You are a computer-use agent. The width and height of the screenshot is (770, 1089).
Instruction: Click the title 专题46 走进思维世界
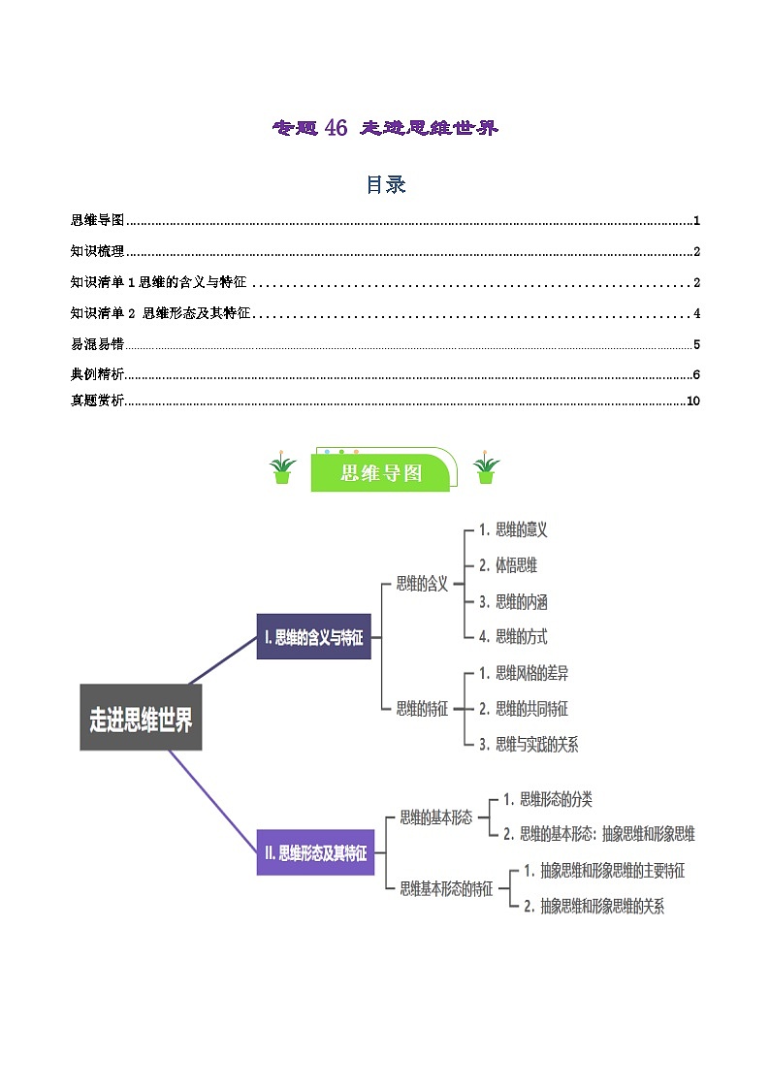[x=385, y=128]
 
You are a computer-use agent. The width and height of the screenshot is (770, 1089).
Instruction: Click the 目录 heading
[x=385, y=184]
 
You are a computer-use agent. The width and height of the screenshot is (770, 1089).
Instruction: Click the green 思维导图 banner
[x=382, y=472]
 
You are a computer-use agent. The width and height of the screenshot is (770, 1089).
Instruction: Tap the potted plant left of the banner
[x=282, y=469]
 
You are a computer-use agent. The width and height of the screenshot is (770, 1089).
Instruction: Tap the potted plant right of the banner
[x=486, y=469]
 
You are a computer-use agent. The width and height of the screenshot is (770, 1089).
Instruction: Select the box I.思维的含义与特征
[x=313, y=637]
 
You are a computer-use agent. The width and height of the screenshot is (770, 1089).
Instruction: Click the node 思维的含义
[x=422, y=584]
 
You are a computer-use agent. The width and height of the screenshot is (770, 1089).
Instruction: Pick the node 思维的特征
[x=422, y=709]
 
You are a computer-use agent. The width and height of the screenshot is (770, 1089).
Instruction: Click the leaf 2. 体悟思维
[x=508, y=565]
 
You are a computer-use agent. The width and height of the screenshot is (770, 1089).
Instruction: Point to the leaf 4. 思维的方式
[x=513, y=637]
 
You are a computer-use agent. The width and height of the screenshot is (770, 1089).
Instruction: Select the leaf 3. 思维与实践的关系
[x=529, y=744]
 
